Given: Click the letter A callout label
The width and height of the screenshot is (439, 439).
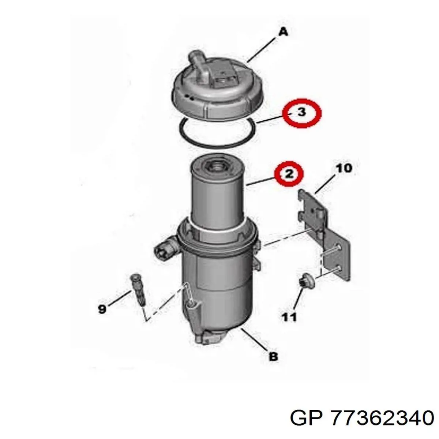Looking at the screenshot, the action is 283,32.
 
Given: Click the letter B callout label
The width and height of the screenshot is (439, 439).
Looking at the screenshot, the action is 273,363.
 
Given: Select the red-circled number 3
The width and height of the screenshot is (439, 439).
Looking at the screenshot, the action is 301,113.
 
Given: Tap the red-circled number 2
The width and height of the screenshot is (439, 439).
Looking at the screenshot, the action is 289,174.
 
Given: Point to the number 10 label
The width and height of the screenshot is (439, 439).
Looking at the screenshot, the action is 344,169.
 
